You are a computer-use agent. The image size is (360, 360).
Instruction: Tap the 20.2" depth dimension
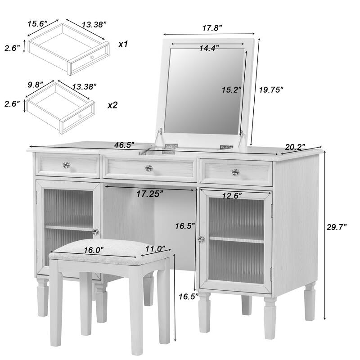[295, 147]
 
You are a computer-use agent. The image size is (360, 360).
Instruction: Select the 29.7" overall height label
[336, 228]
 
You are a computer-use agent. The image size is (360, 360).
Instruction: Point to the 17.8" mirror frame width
[211, 28]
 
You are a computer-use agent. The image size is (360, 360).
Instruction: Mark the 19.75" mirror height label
[271, 90]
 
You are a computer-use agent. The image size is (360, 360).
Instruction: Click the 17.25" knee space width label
[150, 194]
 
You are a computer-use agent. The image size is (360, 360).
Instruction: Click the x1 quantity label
[124, 45]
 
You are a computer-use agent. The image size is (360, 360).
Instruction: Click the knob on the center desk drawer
[148, 168]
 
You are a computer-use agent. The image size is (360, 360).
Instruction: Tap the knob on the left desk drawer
[66, 166]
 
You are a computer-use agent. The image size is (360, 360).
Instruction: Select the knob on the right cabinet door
[201, 239]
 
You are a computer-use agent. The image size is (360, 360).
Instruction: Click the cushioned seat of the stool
[108, 257]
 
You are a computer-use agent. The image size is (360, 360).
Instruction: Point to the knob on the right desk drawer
[235, 172]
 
